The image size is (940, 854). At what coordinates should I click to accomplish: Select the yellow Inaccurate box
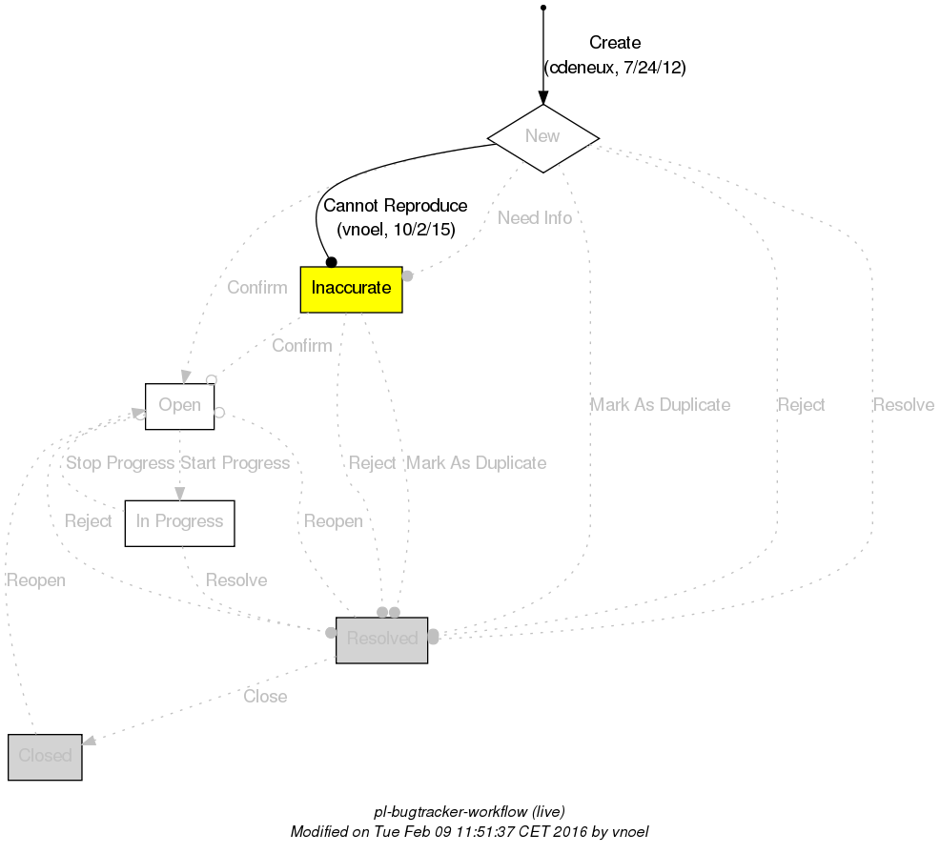(x=351, y=289)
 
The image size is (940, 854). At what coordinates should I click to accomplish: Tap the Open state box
(x=179, y=406)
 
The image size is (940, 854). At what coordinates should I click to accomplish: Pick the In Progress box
(x=179, y=522)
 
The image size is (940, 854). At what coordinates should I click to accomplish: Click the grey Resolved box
(x=381, y=640)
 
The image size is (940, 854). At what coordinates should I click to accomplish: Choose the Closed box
(x=45, y=757)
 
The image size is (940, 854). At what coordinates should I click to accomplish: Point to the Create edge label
(x=615, y=43)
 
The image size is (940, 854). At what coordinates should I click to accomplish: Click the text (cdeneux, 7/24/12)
(x=615, y=68)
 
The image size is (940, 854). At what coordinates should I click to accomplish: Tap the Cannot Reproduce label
(x=396, y=206)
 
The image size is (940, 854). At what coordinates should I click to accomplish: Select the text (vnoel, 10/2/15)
(x=396, y=230)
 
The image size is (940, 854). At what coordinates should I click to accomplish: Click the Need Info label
(x=535, y=218)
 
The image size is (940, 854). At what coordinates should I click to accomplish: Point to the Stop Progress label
(x=119, y=463)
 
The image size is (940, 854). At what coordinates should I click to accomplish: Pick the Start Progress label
(x=235, y=463)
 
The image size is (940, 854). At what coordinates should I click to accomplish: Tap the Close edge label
(x=265, y=697)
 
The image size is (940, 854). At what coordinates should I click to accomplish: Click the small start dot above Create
(x=542, y=8)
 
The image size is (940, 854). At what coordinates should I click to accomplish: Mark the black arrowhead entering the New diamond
(x=542, y=98)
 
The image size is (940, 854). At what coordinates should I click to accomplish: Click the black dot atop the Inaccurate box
(x=331, y=261)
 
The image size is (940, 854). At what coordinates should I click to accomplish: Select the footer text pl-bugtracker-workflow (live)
(x=469, y=812)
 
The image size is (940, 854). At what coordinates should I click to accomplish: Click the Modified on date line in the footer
(x=469, y=832)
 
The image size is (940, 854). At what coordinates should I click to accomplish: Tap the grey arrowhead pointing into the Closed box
(x=90, y=741)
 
